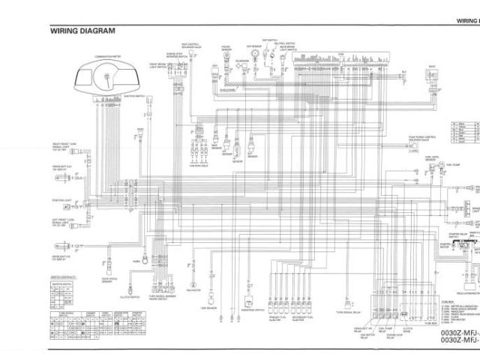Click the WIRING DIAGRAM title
[83, 31]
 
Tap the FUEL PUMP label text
[452, 164]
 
